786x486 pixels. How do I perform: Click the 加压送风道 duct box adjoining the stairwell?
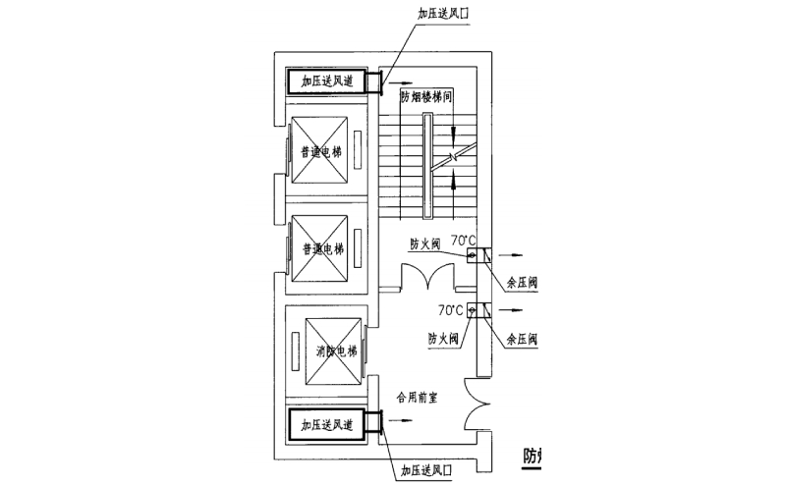[x=325, y=81]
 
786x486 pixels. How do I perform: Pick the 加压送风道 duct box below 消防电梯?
[x=325, y=425]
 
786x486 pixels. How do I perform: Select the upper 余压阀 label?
[x=522, y=283]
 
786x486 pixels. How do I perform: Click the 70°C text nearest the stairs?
[x=463, y=240]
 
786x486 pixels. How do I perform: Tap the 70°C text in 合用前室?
[x=451, y=309]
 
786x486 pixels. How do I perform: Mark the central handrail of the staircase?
[x=427, y=166]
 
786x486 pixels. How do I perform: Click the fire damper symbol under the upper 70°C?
[x=473, y=256]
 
